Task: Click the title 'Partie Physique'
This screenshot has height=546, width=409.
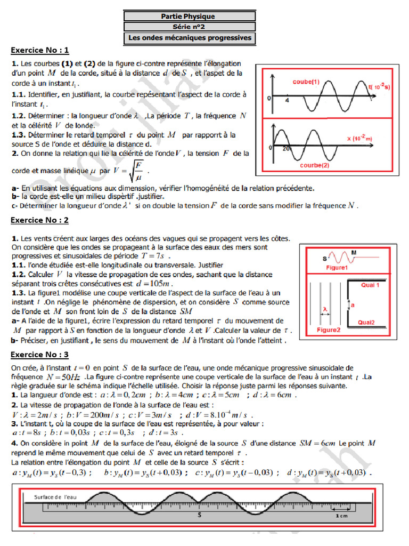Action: point(188,16)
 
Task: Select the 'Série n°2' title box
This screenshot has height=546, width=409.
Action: point(188,26)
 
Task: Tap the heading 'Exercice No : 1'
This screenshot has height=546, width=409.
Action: point(40,51)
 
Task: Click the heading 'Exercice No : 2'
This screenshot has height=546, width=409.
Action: point(40,220)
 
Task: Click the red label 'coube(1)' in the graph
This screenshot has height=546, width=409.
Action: point(306,82)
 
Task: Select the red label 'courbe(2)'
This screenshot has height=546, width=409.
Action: point(315,165)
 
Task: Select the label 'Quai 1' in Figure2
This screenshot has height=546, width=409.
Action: point(370,285)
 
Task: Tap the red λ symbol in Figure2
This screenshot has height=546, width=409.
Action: point(324,308)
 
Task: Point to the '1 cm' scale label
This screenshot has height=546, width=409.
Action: point(342,517)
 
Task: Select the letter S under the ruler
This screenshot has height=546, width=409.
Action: point(199,516)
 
